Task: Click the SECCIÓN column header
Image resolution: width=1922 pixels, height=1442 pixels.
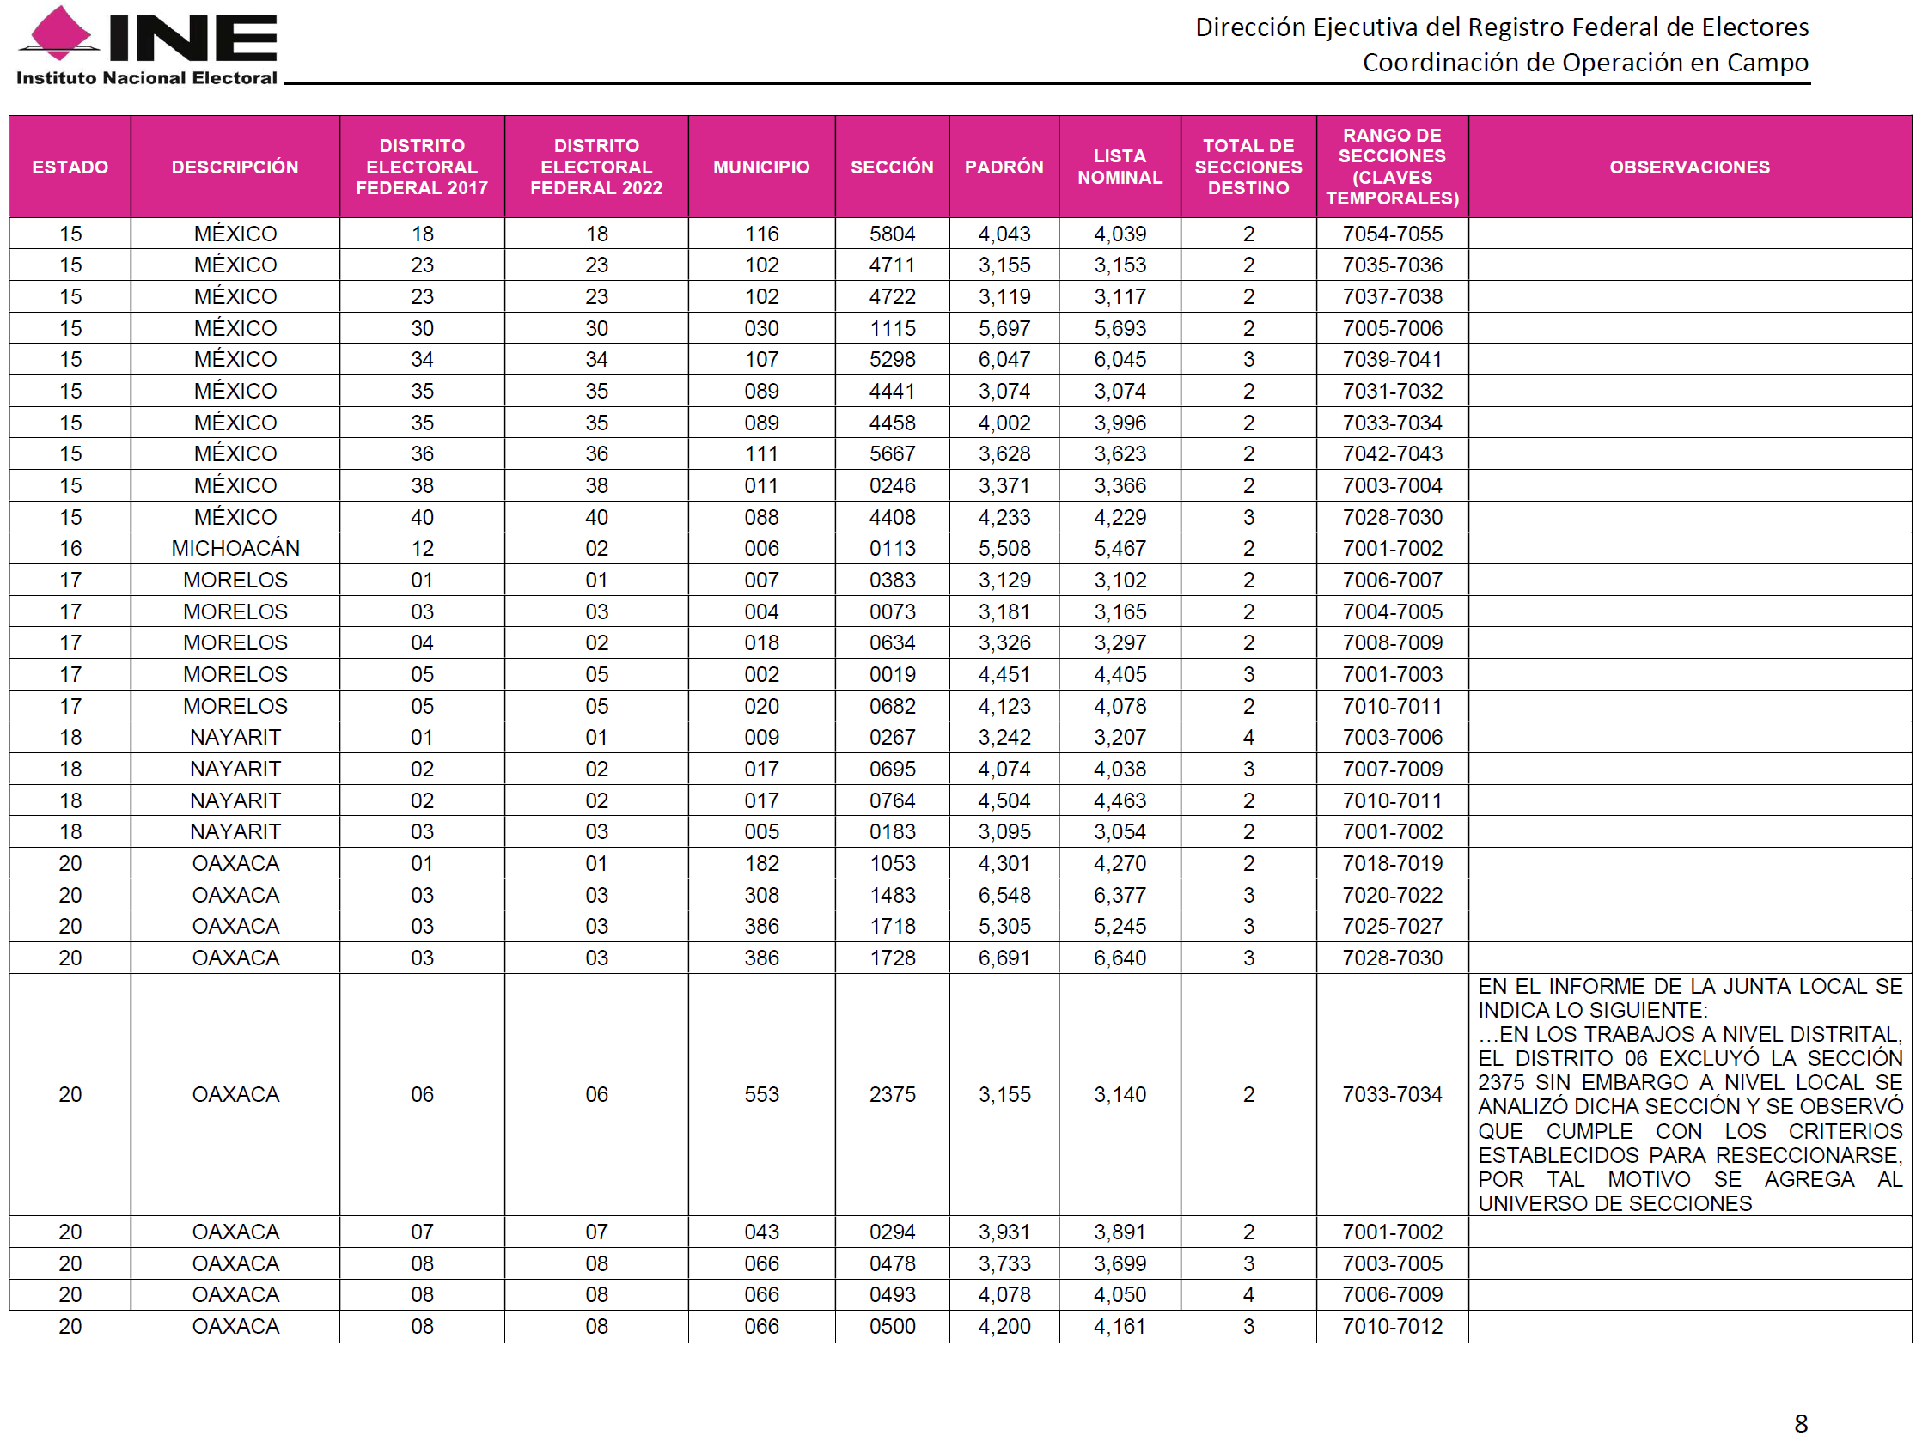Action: tap(892, 167)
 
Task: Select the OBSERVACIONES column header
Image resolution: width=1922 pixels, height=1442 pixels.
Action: tap(1688, 167)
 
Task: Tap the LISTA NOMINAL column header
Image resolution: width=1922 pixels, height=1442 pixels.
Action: tap(1120, 167)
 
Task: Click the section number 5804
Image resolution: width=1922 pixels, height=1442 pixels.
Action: tap(893, 234)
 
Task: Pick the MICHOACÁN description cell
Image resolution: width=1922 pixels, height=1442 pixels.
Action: tap(235, 548)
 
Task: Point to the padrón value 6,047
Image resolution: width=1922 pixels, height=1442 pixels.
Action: tap(1004, 359)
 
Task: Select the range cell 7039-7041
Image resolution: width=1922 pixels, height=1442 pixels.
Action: tap(1391, 359)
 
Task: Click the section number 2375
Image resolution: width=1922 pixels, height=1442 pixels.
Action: tap(893, 1093)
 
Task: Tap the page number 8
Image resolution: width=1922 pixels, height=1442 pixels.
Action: tap(1800, 1423)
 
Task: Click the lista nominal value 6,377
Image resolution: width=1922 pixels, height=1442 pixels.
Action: tap(1120, 895)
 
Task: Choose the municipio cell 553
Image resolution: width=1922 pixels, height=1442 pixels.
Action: tap(761, 1093)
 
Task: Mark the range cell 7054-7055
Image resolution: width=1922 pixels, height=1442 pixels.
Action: tap(1391, 234)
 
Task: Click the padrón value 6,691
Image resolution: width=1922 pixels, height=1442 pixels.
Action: tap(1004, 958)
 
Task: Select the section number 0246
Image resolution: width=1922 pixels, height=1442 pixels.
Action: tap(893, 484)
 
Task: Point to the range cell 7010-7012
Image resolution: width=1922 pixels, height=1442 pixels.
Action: tap(1391, 1325)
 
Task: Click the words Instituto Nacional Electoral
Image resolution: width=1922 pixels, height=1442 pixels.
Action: tap(146, 78)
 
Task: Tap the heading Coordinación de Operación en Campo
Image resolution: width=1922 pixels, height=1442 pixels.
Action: tap(1584, 63)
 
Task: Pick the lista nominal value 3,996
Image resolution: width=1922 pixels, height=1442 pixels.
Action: tap(1120, 423)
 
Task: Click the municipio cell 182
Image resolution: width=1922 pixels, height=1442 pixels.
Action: tap(761, 862)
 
